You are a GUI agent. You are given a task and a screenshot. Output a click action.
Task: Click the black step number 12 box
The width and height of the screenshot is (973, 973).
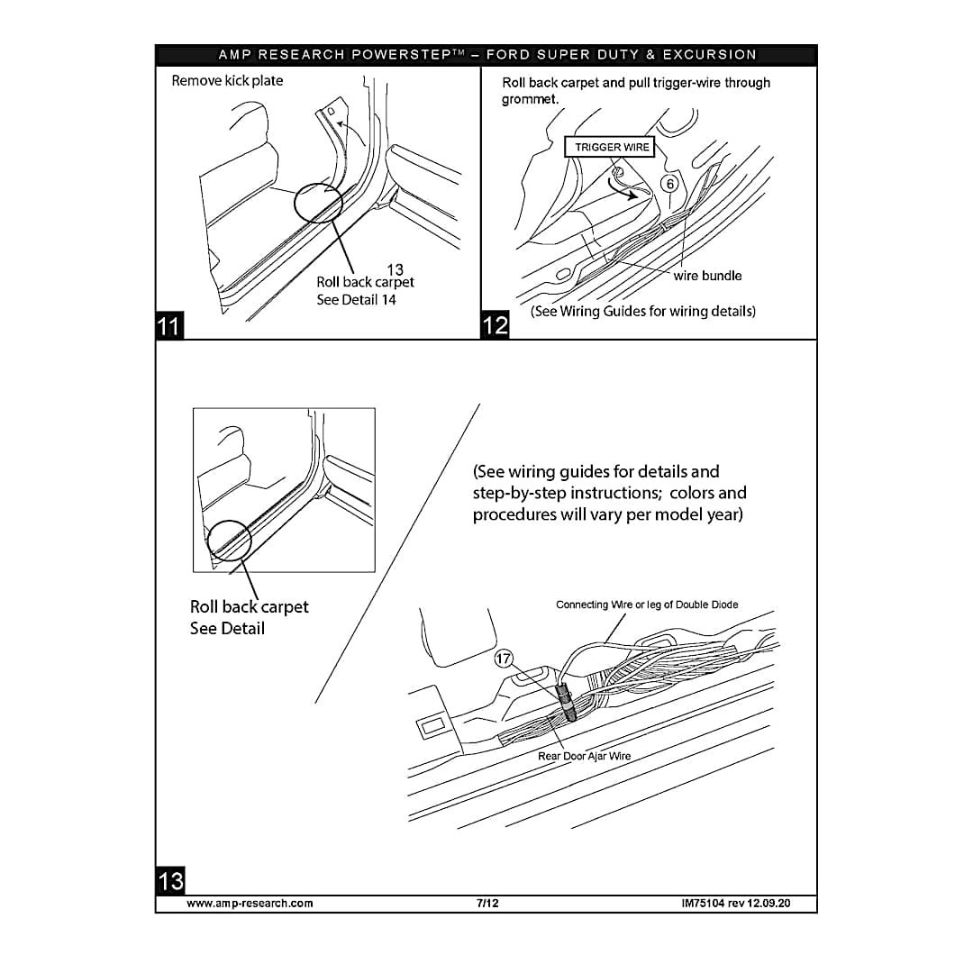tap(496, 324)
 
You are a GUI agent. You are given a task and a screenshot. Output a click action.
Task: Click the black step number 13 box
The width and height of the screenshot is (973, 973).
tap(170, 880)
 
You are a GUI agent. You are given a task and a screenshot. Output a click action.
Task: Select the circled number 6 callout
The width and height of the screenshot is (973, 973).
tap(669, 183)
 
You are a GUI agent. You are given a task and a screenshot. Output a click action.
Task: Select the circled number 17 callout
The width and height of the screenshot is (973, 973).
tap(504, 659)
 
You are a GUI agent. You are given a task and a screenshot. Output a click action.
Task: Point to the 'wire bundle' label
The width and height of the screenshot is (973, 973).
tap(707, 276)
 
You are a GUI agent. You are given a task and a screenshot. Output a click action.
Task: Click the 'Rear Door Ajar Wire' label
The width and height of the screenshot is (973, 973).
tap(584, 756)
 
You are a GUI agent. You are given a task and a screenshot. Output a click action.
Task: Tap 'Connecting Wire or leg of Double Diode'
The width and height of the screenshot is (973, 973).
tap(646, 605)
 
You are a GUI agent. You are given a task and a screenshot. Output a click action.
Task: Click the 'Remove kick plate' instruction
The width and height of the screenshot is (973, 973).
tap(227, 81)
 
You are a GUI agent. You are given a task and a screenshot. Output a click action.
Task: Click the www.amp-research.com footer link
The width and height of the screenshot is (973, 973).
tap(250, 903)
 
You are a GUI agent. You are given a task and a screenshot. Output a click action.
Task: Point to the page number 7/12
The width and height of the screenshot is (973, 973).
tap(487, 903)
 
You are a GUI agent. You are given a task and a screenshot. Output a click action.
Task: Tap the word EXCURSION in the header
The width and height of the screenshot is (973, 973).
tap(709, 55)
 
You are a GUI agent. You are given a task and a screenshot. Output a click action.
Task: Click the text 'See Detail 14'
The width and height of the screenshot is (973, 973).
tap(356, 300)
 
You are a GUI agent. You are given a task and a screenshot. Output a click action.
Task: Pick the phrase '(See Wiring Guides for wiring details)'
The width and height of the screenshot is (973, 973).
tap(642, 312)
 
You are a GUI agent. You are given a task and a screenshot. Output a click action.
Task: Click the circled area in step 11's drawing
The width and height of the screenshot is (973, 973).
tap(317, 203)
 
